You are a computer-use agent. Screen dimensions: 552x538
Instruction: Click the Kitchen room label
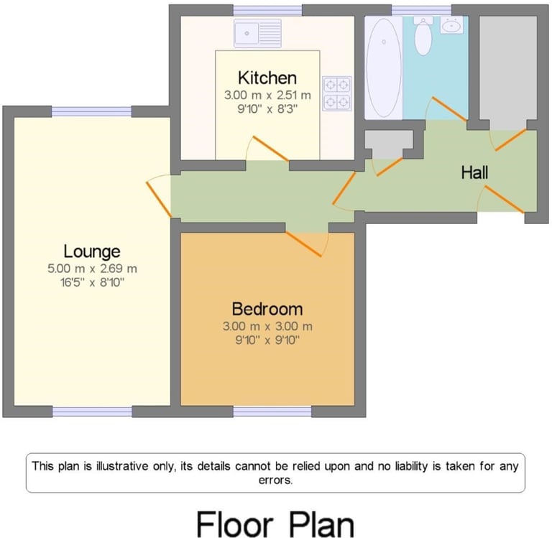coord(267,78)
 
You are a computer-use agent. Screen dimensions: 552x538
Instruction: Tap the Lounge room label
coord(92,251)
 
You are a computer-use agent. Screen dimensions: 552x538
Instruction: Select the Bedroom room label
coord(267,309)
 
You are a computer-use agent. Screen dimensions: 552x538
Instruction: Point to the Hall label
coord(474,172)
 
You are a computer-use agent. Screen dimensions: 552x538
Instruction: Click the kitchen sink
coord(258,33)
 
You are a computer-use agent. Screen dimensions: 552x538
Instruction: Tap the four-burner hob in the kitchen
coord(337,93)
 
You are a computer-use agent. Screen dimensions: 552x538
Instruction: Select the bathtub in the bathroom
coord(383,68)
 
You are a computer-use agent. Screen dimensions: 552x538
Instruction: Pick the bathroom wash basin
coord(451,25)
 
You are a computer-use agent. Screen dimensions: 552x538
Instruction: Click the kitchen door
coord(271,149)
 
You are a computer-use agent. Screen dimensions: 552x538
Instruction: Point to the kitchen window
coord(267,10)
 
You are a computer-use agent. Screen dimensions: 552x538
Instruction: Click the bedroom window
coord(272,412)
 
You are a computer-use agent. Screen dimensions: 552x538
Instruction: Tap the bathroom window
coord(421,10)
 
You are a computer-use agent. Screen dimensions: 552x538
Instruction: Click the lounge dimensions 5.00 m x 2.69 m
coord(92,269)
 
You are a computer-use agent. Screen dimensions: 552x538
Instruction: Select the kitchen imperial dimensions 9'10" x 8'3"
coord(267,109)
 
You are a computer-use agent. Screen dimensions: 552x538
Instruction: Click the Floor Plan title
coord(275,524)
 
